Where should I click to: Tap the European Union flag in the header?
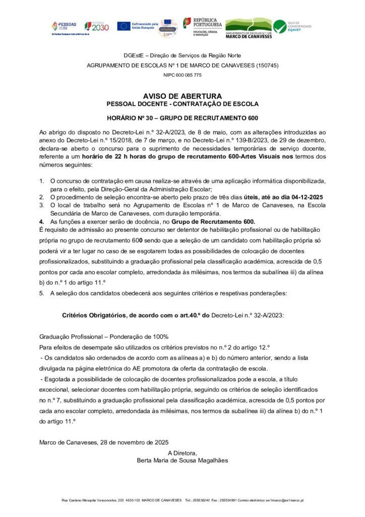pos(124,26)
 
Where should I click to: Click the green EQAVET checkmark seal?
pos(280,26)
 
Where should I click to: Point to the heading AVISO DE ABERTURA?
pos(182,96)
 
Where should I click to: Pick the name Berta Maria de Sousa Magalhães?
pos(182,460)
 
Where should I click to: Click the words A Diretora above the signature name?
pos(182,452)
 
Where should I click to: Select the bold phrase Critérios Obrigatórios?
pos(93,314)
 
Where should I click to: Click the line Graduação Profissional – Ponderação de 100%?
pos(103,336)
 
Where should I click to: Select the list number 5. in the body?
pos(42,293)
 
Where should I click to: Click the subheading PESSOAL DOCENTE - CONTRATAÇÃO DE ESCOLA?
pos(182,104)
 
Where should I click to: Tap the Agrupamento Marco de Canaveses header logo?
pos(248,28)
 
